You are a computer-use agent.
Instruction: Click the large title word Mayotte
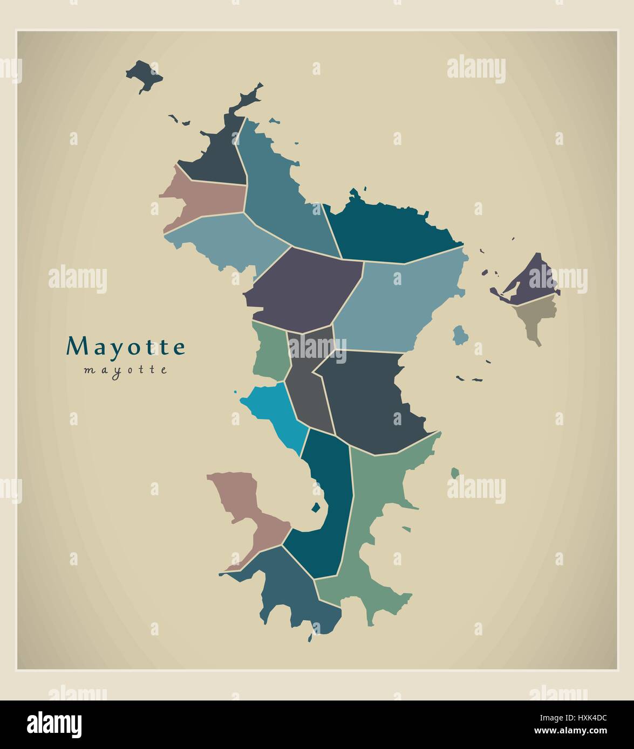click(x=126, y=346)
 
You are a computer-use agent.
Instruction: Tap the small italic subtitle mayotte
click(x=126, y=370)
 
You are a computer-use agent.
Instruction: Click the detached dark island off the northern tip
click(x=144, y=74)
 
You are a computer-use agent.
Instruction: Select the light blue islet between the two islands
click(x=460, y=335)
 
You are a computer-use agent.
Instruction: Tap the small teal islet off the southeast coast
click(x=455, y=473)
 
